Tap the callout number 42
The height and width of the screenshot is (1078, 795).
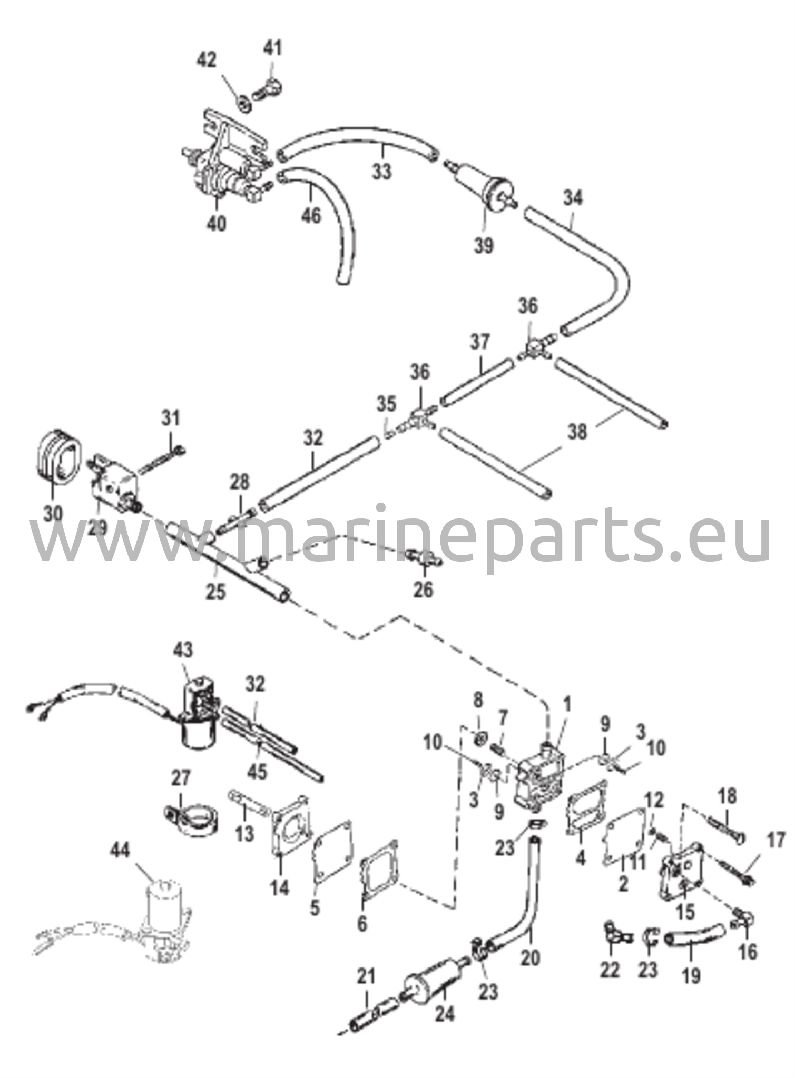coord(207,61)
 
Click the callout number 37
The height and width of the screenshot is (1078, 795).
coord(480,342)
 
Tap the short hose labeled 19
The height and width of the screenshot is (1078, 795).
coord(694,935)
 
